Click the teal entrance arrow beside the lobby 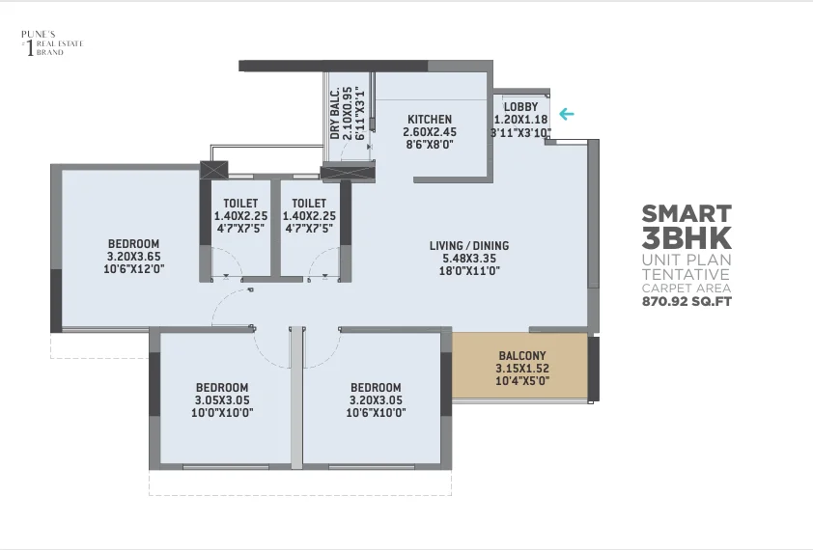point(567,114)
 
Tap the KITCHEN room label point(430,120)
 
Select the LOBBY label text point(520,107)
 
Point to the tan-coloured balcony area point(519,366)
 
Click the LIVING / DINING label point(468,246)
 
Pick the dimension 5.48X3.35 point(468,259)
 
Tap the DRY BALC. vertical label point(335,114)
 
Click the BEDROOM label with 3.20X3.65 point(134,243)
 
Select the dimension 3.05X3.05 point(222,400)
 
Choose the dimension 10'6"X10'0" point(376,413)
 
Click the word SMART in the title point(687,213)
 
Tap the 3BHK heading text point(687,238)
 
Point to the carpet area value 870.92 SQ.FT point(687,301)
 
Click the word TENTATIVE point(686,274)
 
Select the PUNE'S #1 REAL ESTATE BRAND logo point(52,43)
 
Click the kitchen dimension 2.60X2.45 point(430,131)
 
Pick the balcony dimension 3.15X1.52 point(522,369)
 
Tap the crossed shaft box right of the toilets point(348,171)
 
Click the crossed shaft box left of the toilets point(214,170)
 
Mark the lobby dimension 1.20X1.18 point(520,120)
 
